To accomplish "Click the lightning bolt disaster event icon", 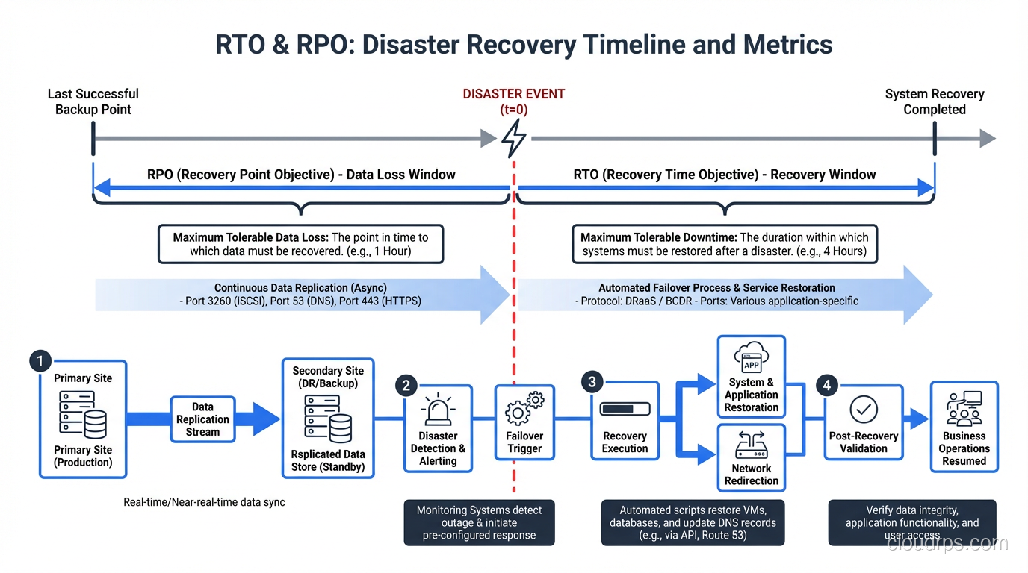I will [x=514, y=138].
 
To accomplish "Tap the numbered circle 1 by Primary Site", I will [x=40, y=361].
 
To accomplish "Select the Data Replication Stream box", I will [x=202, y=419].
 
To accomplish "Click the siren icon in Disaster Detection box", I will [x=438, y=411].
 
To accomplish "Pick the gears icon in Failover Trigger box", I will [x=525, y=409].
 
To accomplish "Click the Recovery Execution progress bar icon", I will [x=625, y=410].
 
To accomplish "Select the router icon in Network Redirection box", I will [x=752, y=445].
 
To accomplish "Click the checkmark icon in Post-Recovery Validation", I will [x=864, y=410].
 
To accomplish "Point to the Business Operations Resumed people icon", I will [x=964, y=408].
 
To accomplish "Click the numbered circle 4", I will [x=826, y=385].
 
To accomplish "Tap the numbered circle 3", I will [x=592, y=383].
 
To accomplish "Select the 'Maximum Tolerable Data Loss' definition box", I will [x=300, y=244].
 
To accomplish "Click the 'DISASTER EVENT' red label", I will [x=514, y=94].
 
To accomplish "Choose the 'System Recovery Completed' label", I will [x=935, y=101].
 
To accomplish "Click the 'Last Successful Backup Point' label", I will [x=93, y=101].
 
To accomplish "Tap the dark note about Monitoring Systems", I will [x=479, y=522].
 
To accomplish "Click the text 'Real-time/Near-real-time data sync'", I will [x=204, y=502].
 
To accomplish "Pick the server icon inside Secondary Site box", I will [x=328, y=419].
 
